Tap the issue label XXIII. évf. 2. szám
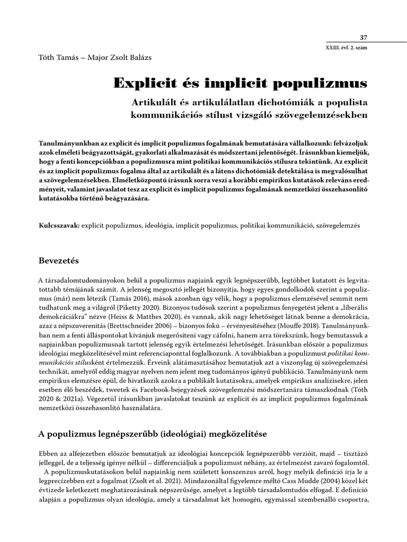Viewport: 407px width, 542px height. tap(346, 48)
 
